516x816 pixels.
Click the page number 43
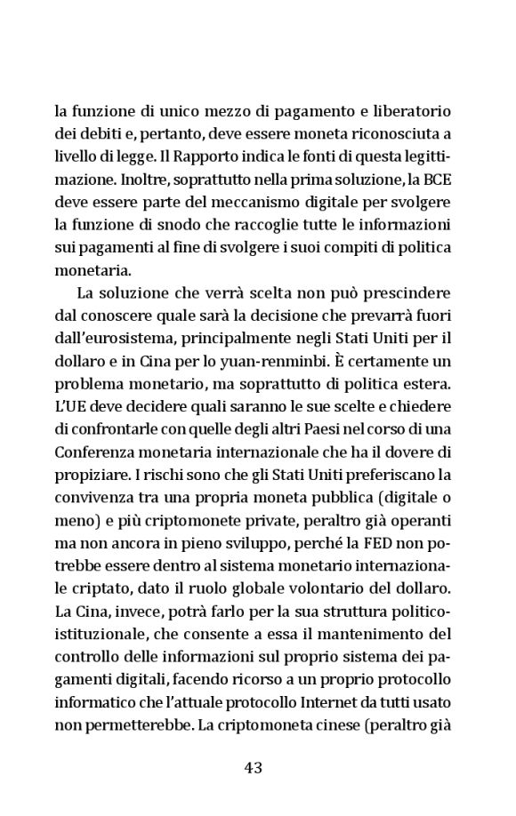[257, 768]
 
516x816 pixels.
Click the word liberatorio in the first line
[414, 114]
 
